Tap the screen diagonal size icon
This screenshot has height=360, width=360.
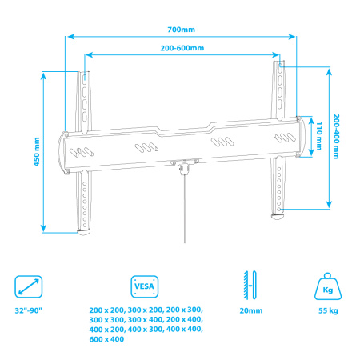[29, 285]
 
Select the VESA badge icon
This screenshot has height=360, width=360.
[143, 285]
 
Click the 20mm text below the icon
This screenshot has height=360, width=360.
[250, 310]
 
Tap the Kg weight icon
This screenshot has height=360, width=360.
[326, 285]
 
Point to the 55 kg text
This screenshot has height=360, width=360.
[326, 310]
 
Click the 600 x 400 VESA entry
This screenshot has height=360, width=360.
[106, 339]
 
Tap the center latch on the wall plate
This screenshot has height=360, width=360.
[185, 166]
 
